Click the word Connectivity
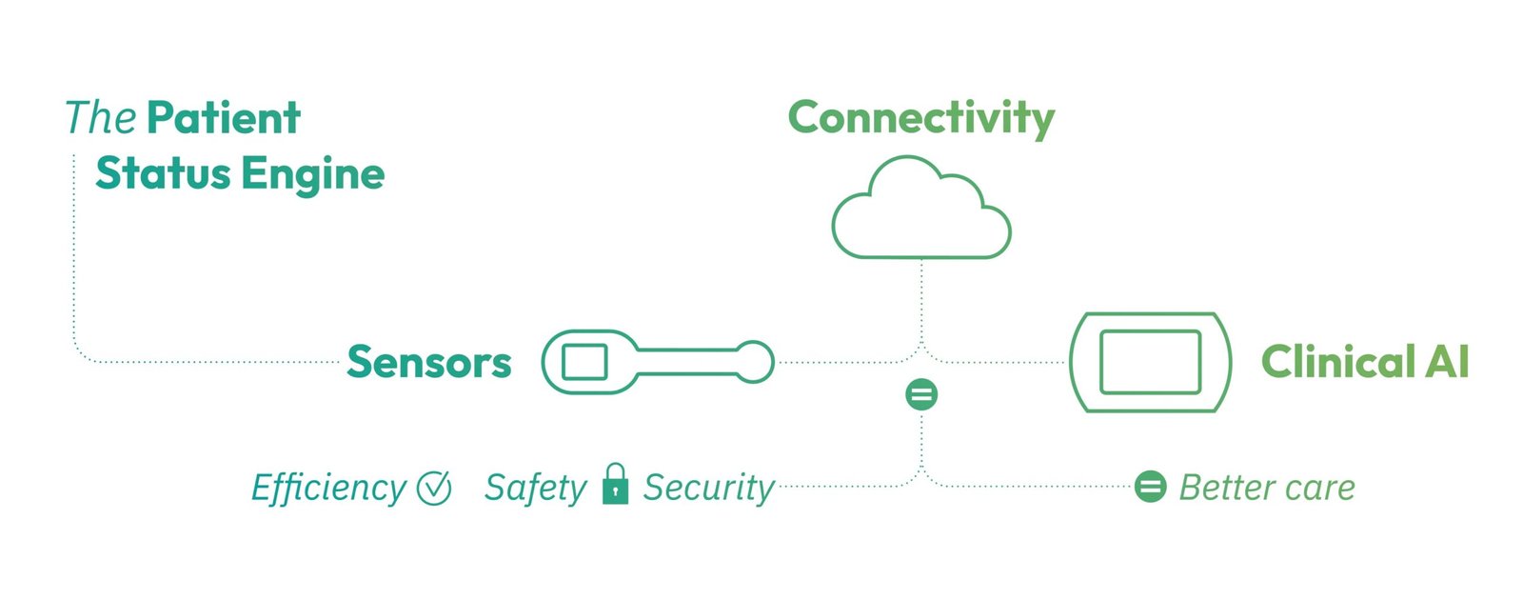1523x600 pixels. click(920, 119)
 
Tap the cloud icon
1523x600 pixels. click(920, 211)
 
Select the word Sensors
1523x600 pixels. click(428, 363)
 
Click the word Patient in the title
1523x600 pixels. click(224, 118)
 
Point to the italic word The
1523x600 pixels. click(100, 118)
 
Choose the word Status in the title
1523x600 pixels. click(163, 174)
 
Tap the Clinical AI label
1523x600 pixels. click(1364, 363)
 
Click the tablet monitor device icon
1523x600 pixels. click(1150, 363)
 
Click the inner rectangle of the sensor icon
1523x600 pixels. click(584, 363)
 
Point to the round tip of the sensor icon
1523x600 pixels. click(755, 362)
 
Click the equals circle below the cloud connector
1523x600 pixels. click(921, 394)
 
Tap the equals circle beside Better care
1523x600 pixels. click(1150, 487)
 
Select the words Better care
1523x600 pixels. click(1267, 488)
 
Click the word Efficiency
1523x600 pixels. click(328, 488)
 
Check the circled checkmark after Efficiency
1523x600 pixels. click(434, 488)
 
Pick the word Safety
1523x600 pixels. click(535, 488)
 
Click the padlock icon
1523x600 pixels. click(616, 484)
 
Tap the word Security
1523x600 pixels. click(709, 488)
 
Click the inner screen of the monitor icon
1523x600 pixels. click(1150, 362)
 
